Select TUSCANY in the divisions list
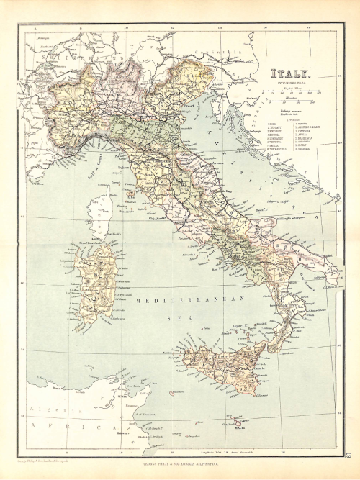click(276, 127)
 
